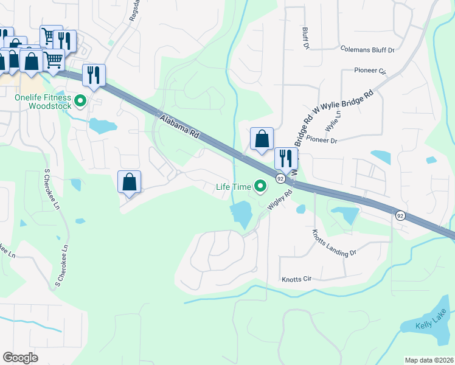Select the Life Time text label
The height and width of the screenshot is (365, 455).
[x=234, y=187]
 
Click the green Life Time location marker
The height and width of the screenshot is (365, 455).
[x=260, y=186]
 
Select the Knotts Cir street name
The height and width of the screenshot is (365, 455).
[x=296, y=279]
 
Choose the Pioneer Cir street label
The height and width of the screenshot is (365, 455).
[x=370, y=71]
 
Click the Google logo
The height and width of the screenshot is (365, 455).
[x=20, y=358]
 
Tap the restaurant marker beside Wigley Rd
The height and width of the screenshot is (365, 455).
[x=285, y=159]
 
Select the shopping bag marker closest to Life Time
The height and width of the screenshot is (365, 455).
[x=262, y=139]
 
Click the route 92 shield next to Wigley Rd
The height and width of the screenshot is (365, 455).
[x=280, y=178]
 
